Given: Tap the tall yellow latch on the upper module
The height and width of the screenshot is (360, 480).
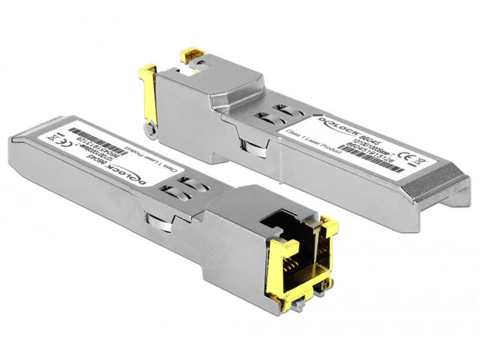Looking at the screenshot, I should click(x=149, y=94).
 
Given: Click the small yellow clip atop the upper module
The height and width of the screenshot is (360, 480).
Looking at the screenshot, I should click(x=192, y=55).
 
